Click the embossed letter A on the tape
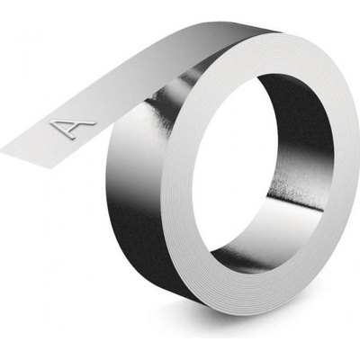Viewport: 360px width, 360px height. click(x=71, y=129)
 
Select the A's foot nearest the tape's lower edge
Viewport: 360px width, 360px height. click(x=68, y=138)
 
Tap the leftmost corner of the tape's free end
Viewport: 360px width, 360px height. click(x=1, y=149)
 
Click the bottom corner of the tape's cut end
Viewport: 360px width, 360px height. click(x=54, y=167)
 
